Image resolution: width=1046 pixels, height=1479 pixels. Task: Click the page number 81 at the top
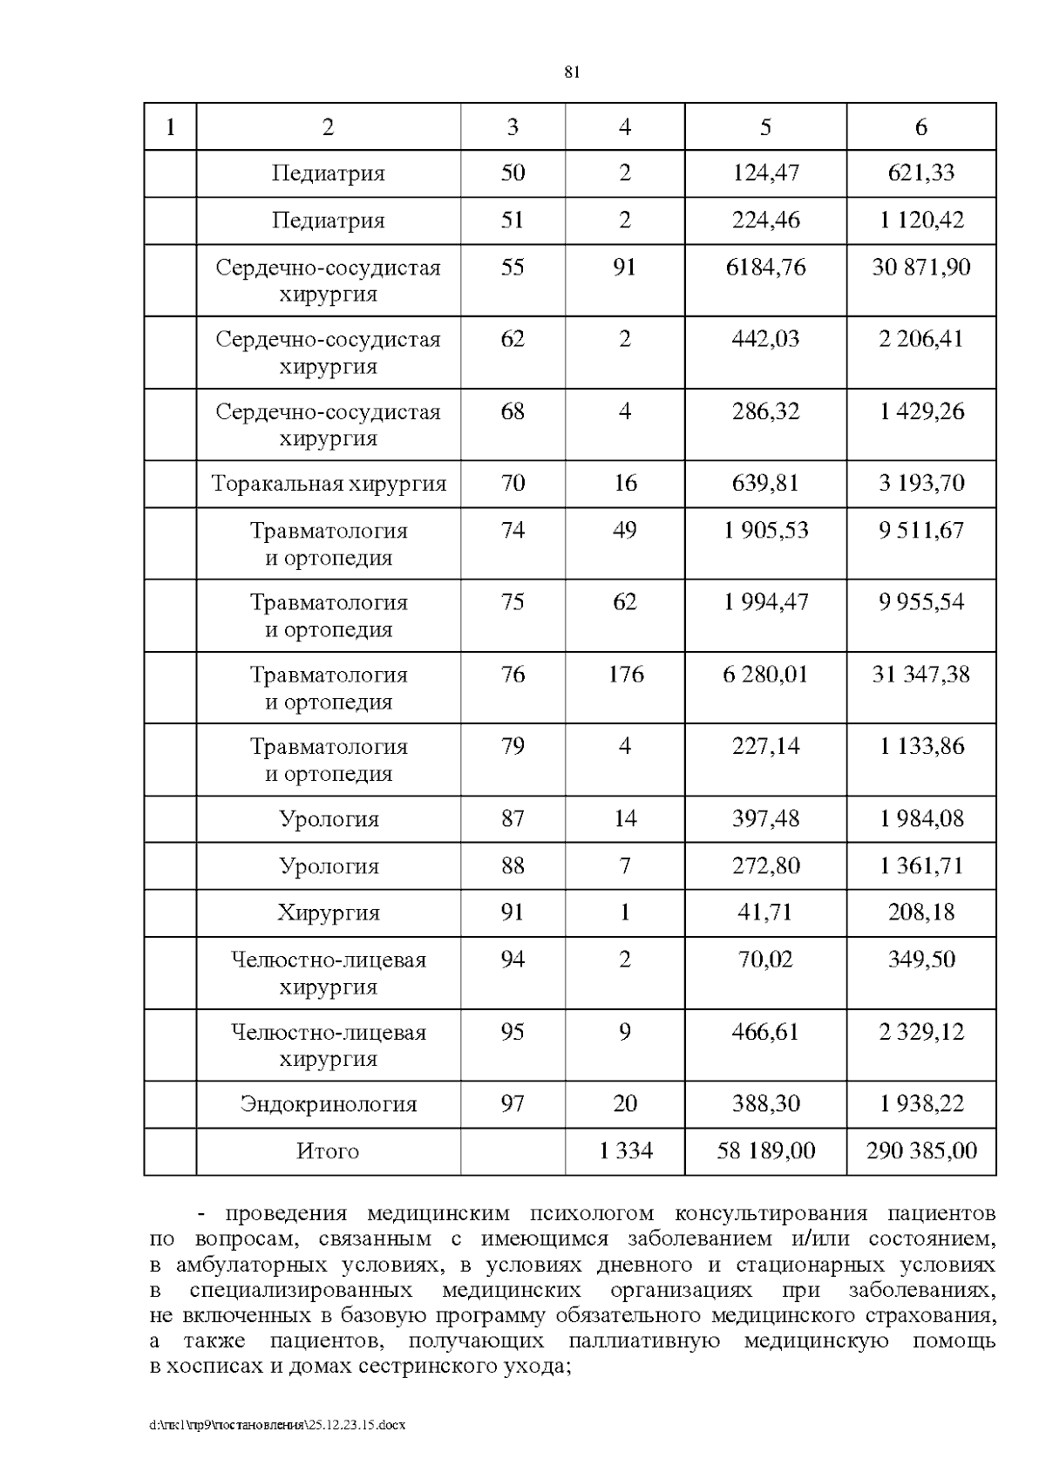572,72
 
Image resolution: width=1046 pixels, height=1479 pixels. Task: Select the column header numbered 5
765,127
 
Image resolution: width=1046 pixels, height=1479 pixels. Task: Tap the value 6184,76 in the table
765,267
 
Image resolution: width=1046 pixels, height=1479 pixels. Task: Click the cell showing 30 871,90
921,267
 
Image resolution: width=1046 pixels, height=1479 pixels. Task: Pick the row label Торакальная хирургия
329,484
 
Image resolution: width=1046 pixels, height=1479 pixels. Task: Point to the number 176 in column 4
625,674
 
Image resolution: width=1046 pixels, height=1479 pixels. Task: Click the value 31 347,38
921,674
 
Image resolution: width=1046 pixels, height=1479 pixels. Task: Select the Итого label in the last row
328,1151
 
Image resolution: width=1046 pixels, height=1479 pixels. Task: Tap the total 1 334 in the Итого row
625,1151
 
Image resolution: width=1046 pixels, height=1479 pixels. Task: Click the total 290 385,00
921,1151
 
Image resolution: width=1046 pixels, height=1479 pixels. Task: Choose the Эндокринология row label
329,1104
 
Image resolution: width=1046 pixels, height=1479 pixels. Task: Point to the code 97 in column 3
513,1104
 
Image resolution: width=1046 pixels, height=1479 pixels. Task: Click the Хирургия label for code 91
329,913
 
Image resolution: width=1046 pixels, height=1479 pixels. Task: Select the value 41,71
765,913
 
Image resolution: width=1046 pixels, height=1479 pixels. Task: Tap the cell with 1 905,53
765,530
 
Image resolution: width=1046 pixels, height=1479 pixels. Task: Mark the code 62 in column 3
513,338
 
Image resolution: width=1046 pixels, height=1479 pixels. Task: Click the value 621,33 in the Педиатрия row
921,173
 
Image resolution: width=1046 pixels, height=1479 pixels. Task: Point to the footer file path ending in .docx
278,1425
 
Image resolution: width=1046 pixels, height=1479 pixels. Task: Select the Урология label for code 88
329,866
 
